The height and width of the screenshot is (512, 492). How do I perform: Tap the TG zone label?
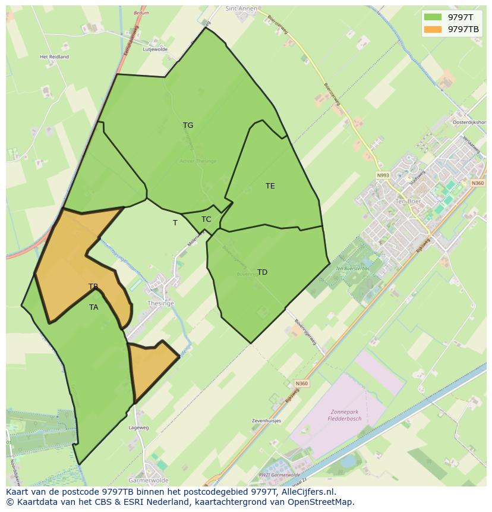click(188, 125)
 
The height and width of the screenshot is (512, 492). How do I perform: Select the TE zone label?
click(270, 186)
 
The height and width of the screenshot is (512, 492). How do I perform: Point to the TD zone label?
click(262, 272)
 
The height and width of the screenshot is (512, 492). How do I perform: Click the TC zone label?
click(206, 219)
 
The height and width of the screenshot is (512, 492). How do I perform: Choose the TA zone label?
click(94, 307)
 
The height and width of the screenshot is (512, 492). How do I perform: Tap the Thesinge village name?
click(160, 303)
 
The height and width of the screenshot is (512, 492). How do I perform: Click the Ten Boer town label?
click(408, 201)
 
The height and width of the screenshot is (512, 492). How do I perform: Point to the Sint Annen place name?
click(240, 9)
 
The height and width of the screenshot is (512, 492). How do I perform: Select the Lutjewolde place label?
click(155, 49)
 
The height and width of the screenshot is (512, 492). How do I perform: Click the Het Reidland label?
click(54, 57)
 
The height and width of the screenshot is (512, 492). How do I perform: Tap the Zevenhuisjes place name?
click(266, 420)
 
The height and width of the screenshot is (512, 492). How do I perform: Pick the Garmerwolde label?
click(149, 480)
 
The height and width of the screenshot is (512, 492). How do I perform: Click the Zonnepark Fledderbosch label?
click(345, 414)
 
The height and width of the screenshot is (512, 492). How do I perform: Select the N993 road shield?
click(383, 175)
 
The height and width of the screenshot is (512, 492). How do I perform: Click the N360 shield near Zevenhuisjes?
click(301, 384)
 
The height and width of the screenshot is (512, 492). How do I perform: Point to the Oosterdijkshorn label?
click(469, 122)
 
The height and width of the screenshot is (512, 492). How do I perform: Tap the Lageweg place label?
click(138, 427)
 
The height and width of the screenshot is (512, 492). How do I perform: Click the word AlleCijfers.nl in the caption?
click(308, 492)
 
